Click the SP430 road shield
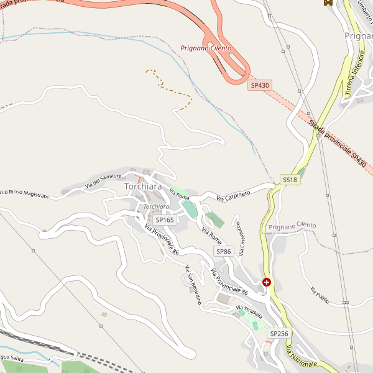click(260, 85)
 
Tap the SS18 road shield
click(290, 179)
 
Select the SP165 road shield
click(165, 219)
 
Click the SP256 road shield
click(279, 334)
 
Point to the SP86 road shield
click(224, 251)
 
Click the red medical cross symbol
click(267, 282)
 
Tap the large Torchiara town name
click(143, 186)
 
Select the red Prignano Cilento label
click(206, 48)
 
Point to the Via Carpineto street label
click(233, 195)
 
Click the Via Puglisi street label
click(319, 296)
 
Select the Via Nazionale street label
click(302, 357)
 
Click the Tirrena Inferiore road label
click(354, 77)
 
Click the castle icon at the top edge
click(328, 2)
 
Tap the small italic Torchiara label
click(156, 206)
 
